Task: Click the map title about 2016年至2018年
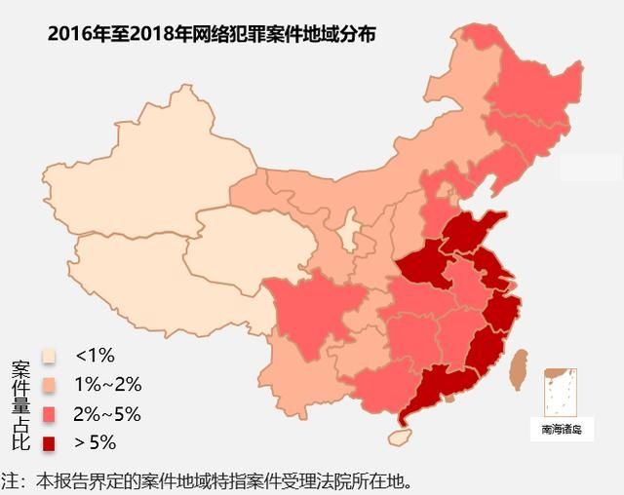click(212, 34)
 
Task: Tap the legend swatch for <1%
click(49, 356)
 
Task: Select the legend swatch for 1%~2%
click(49, 385)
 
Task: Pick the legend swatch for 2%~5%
click(49, 414)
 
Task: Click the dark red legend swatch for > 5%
click(49, 443)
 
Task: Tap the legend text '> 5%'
click(96, 443)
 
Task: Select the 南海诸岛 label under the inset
click(561, 429)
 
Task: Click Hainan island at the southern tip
click(400, 437)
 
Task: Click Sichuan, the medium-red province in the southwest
click(302, 312)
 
